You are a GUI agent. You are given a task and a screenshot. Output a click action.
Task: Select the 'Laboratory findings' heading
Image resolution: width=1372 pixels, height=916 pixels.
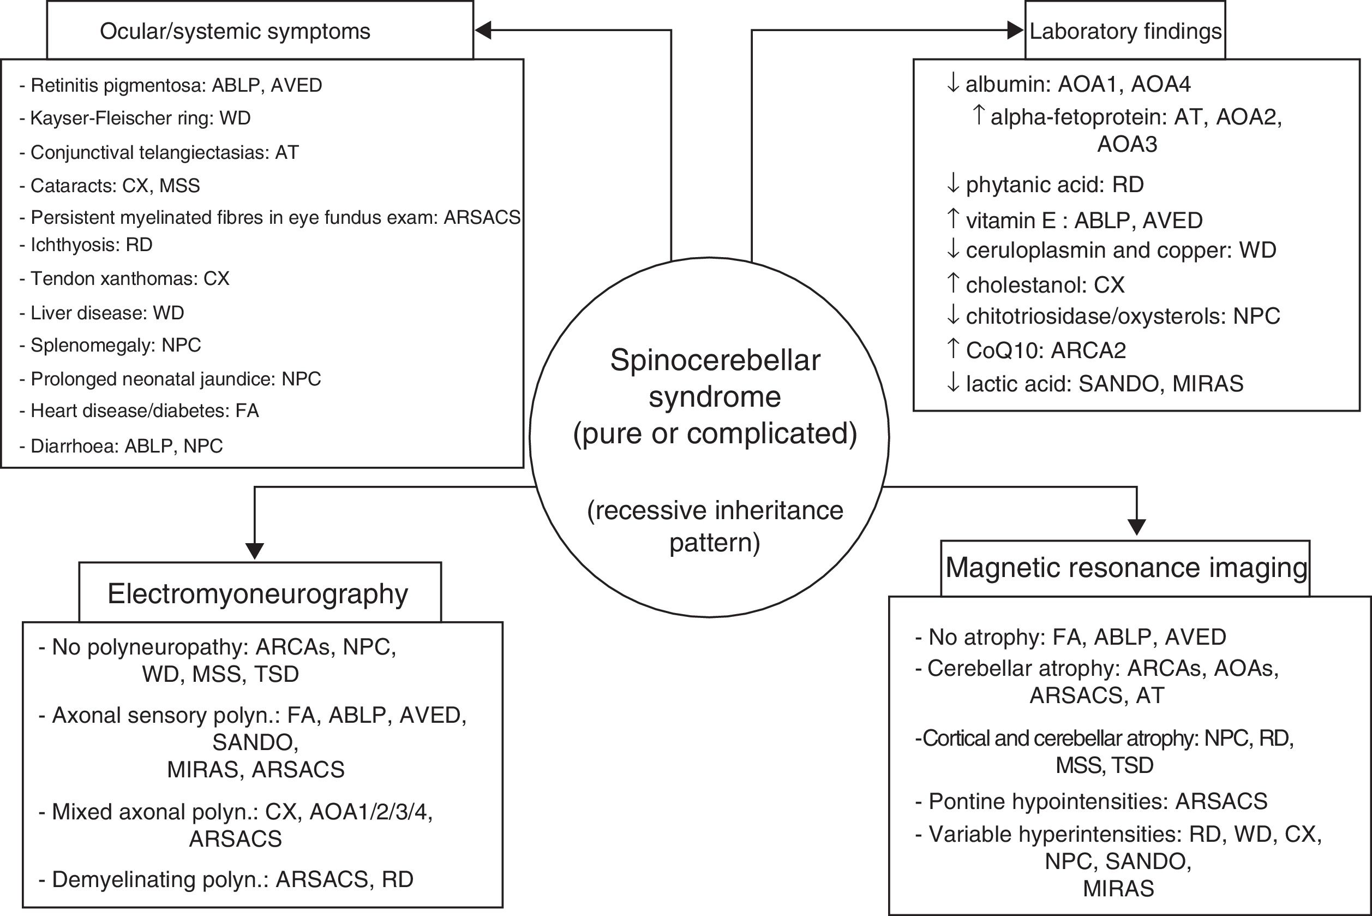coord(1125,31)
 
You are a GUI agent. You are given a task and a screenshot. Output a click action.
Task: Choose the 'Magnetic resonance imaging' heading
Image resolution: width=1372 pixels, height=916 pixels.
coord(1125,568)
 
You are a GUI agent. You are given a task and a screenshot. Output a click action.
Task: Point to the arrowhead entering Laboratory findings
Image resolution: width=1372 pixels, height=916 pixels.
coord(1015,31)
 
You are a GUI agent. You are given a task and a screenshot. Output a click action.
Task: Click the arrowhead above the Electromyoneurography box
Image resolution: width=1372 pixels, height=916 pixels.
coord(255,550)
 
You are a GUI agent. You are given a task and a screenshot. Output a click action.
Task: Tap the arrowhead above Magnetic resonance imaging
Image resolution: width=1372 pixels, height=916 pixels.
coord(1136,526)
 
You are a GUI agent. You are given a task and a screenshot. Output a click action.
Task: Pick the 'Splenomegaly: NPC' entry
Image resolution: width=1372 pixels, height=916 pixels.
coord(116,345)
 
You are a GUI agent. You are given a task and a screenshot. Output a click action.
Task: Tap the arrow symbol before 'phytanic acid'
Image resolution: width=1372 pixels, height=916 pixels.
coord(953,185)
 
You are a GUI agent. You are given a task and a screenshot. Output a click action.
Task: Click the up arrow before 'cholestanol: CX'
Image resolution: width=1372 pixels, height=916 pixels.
coord(953,284)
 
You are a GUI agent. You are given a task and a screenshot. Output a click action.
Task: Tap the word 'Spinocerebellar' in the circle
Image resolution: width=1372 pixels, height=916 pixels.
coord(715,360)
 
